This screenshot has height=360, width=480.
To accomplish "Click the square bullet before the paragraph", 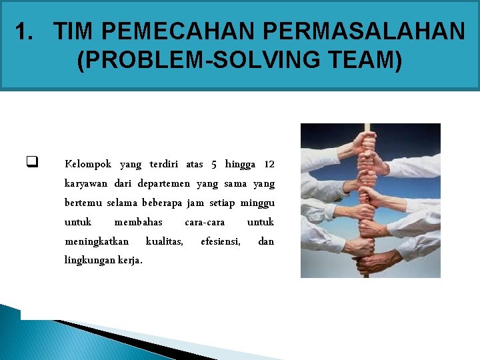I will (31, 161).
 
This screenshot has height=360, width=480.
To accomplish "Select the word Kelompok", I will (88, 164).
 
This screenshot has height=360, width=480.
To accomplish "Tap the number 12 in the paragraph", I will (269, 164).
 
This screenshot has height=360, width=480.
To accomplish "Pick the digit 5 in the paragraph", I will (214, 164).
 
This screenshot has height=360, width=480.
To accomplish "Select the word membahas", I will (138, 221).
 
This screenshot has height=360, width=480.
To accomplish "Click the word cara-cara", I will (205, 221).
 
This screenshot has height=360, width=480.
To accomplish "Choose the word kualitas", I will (164, 241).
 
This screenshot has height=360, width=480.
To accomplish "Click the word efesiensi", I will (221, 241).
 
